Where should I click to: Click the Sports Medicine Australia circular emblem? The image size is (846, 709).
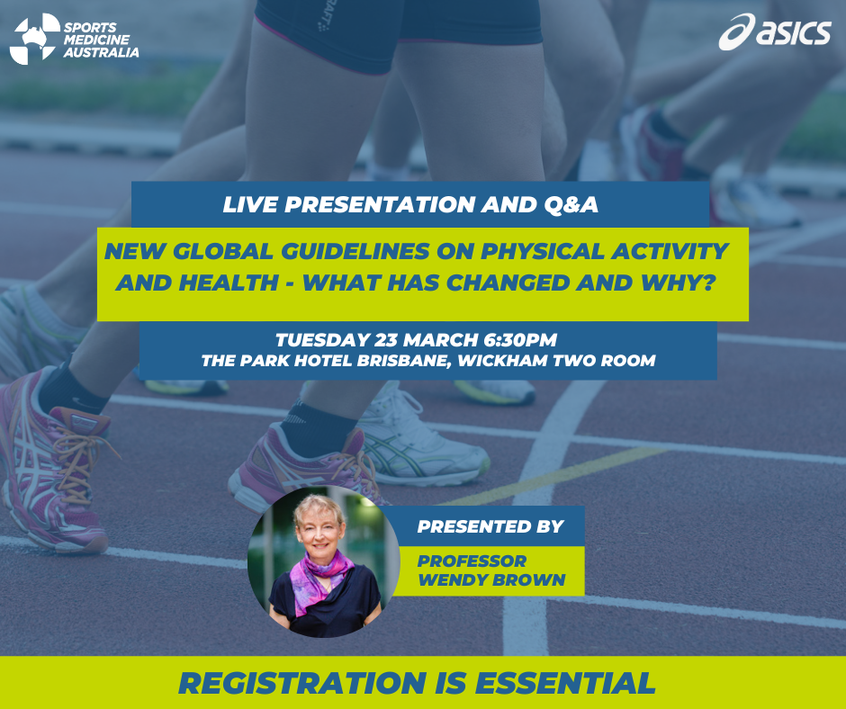point(35,39)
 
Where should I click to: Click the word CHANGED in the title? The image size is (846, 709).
point(508,283)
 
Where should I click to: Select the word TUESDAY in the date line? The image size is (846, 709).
point(322,340)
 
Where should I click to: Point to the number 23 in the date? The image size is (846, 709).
point(386,340)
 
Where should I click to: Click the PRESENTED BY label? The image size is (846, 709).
point(490,526)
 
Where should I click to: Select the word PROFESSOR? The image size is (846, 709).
point(472,561)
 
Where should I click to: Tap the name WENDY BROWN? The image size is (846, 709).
point(491,579)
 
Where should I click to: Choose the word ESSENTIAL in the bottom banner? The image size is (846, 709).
point(565,683)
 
